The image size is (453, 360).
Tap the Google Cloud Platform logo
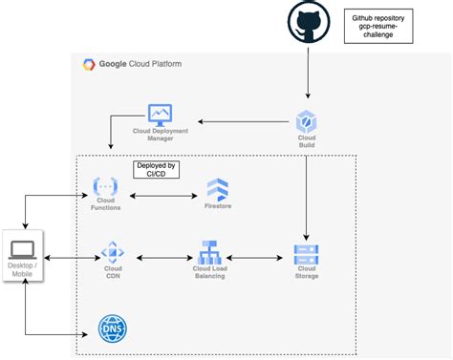tap(89, 65)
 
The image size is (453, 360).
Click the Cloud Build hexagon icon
tap(307, 120)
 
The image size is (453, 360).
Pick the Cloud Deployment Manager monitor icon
tap(159, 116)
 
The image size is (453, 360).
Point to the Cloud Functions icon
tap(103, 187)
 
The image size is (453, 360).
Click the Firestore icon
tap(218, 187)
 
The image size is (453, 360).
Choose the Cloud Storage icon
tap(307, 254)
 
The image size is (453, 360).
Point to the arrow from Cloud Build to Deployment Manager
tap(245, 121)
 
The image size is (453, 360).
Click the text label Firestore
tap(218, 206)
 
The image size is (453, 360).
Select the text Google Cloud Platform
tap(140, 65)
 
